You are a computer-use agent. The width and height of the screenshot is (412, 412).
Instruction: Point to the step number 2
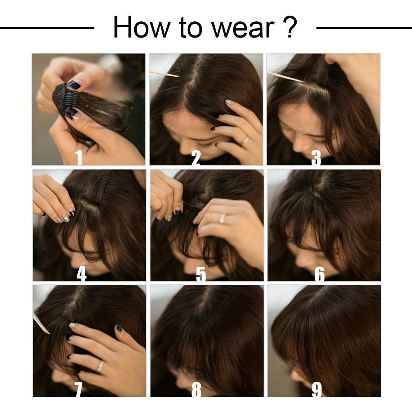[x=196, y=157]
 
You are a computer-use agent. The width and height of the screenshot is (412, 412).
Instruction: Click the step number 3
[x=316, y=158]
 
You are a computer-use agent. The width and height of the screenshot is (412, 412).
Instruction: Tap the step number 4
[x=82, y=274]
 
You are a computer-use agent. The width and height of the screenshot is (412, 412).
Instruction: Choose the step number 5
[x=201, y=274]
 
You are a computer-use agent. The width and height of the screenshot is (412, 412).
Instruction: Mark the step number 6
[x=320, y=274]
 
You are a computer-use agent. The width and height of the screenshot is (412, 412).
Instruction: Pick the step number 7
[x=78, y=389]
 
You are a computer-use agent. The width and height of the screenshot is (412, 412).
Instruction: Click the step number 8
[x=196, y=389]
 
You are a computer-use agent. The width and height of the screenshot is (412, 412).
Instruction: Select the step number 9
[x=317, y=389]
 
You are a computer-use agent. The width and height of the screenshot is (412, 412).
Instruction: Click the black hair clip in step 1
[x=64, y=98]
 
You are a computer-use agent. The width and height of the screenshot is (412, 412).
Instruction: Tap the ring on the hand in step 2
[x=245, y=140]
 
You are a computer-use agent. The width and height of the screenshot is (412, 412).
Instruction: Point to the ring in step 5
[x=222, y=218]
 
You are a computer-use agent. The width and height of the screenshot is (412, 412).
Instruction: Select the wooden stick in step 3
[x=286, y=77]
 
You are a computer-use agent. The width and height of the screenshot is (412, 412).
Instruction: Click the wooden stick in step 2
[x=164, y=74]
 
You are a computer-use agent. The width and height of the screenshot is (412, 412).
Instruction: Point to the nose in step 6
[x=302, y=259]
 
